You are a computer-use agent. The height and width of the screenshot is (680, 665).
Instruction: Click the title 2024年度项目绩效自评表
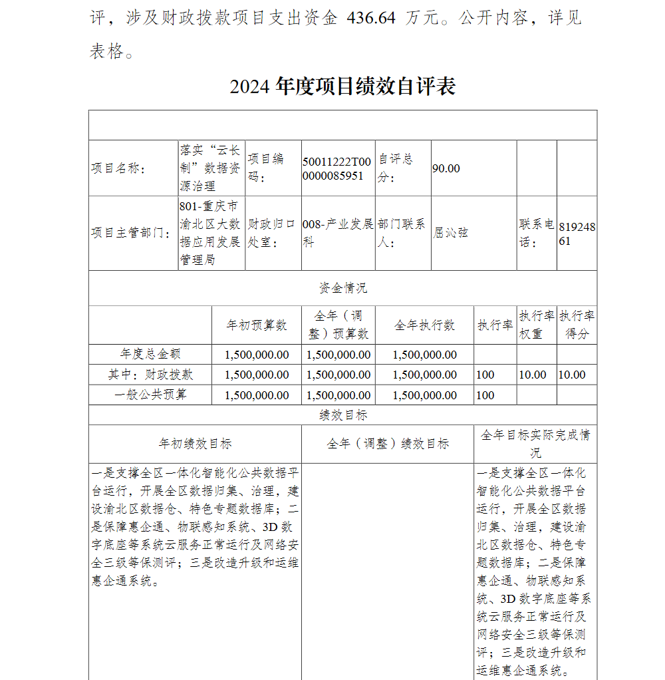pos(342,86)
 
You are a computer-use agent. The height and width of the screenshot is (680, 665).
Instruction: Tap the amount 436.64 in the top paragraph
pos(371,18)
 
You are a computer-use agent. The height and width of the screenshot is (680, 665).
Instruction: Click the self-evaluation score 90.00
pos(446,168)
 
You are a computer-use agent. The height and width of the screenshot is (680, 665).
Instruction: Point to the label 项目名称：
pos(118,168)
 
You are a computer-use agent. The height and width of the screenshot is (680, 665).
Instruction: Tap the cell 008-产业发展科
pos(338,233)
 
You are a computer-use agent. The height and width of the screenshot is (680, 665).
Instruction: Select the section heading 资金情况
pos(342,288)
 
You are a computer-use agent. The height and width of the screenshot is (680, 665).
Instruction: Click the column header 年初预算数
pos(257,325)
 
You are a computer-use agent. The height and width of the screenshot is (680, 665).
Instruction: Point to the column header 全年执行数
pos(424,325)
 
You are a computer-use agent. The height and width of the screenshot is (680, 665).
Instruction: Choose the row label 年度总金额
pos(150,354)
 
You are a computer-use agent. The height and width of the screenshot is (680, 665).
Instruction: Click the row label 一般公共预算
pos(150,395)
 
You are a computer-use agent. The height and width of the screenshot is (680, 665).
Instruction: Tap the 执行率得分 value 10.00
pos(572,375)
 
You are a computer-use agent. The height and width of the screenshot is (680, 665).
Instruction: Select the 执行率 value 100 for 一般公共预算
pos(485,395)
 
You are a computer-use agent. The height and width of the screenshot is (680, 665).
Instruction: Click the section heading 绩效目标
pos(342,415)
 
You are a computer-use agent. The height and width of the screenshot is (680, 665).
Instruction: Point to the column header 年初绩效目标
pos(195,444)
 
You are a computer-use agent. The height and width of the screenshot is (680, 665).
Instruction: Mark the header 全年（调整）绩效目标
pos(388,444)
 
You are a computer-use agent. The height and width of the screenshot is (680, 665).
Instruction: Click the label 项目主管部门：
pos(130,233)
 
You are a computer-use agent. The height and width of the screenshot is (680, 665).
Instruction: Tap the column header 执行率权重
pos(537,325)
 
